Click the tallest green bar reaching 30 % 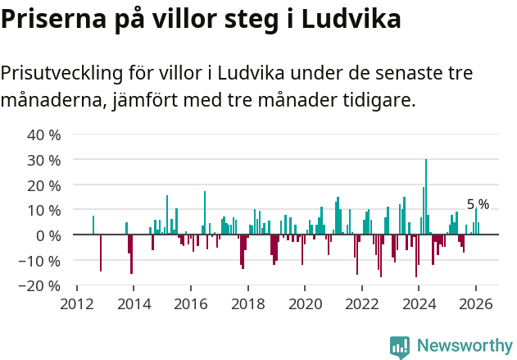coord(426,197)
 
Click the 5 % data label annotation coord(478,204)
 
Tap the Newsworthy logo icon coord(400,347)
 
